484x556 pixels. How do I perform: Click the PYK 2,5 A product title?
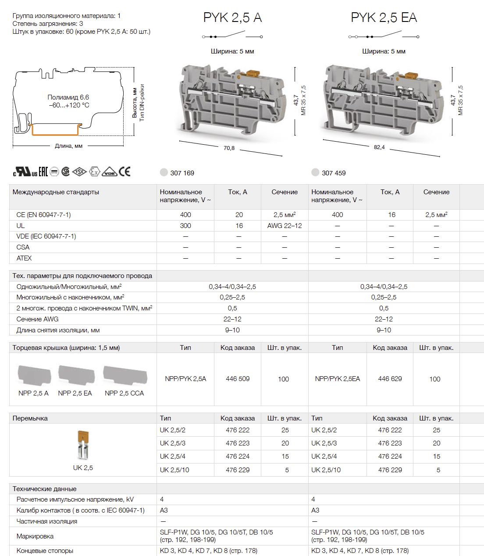coord(232,18)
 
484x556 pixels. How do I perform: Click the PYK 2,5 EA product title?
coord(384,18)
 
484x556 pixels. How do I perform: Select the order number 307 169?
coord(182,173)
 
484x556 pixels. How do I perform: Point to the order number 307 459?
coord(334,173)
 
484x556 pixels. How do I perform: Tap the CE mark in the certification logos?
coord(125,171)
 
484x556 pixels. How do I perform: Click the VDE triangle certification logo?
coord(110,172)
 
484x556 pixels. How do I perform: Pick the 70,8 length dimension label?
coord(229,148)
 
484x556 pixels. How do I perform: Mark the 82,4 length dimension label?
coord(379,147)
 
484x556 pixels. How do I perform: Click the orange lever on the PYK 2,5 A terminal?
coord(253,73)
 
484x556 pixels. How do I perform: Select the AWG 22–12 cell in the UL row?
coord(285,226)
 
